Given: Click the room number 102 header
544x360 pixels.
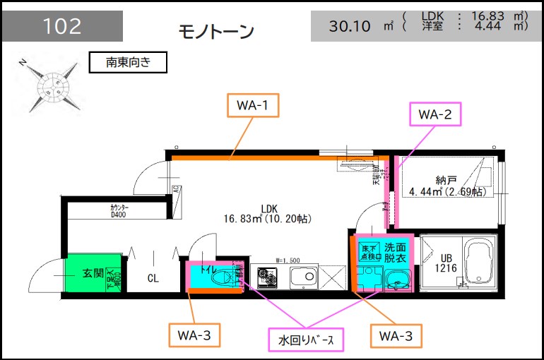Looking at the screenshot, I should [x=62, y=27].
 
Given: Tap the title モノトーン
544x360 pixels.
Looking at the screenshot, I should [x=216, y=32].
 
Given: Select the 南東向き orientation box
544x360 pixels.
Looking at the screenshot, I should [x=128, y=62].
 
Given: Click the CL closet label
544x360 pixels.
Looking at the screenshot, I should [x=153, y=278].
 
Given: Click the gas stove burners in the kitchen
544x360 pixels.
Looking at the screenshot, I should [x=268, y=276].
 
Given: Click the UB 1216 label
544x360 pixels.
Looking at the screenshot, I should [x=444, y=263].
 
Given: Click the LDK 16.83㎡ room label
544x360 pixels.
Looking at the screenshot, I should [x=268, y=214].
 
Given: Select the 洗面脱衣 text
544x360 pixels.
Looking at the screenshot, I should [x=395, y=253].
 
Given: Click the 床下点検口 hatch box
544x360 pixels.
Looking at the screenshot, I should [x=368, y=252].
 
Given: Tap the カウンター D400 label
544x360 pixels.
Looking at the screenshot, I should [x=118, y=211].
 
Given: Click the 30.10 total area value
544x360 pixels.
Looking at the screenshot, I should [x=350, y=26].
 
